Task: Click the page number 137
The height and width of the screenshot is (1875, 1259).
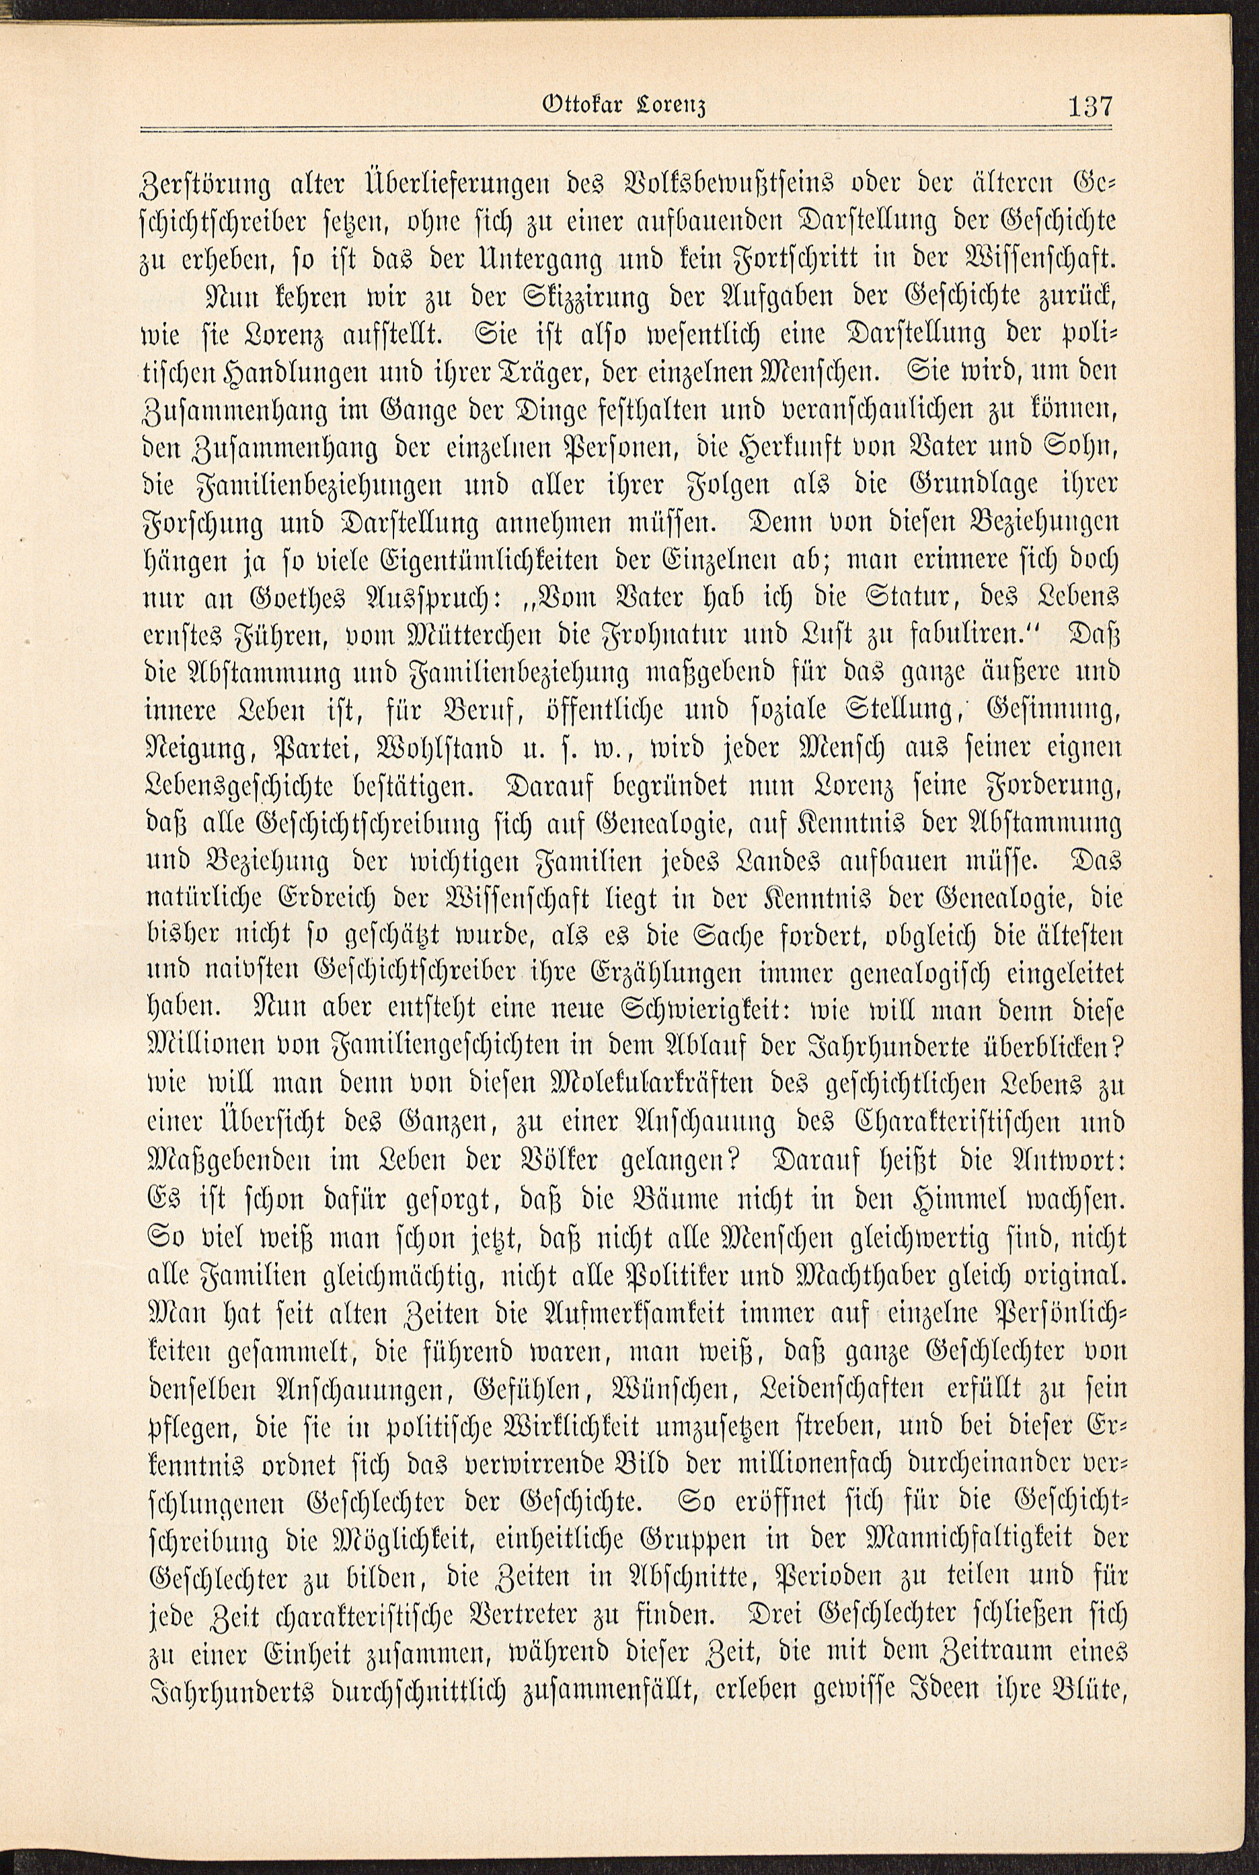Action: pos(1089,106)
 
